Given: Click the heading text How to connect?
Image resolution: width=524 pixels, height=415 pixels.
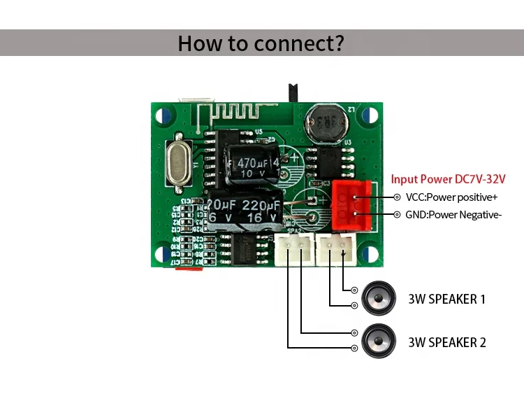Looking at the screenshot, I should coord(261,43).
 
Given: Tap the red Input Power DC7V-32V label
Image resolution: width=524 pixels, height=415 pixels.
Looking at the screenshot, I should coord(447,179).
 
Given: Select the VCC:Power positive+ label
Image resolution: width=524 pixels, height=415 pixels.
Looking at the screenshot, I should coord(451,197).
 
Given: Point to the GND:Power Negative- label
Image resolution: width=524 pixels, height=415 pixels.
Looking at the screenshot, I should coord(453,215).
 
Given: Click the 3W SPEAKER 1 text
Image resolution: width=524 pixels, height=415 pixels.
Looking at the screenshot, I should coord(446,299).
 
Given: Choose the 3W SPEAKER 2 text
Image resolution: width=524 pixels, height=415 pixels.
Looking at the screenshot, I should coord(446,342).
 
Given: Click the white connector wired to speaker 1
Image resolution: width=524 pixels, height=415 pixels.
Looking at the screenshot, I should coord(335,249).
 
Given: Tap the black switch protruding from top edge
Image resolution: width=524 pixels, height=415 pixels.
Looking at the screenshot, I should coord(293,92).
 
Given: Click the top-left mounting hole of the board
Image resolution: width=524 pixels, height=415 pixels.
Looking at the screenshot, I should coord(163,115).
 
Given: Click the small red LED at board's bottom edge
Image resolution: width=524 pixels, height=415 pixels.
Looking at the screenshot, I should coord(186,268).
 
